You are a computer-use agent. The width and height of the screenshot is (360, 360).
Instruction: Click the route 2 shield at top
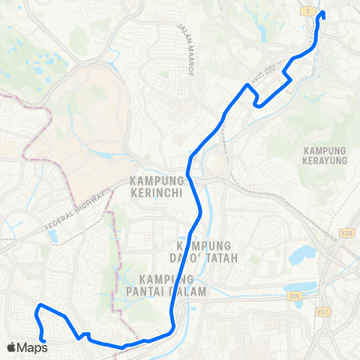coord(307,11)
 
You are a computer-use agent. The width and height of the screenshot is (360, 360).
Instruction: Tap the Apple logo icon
coord(11,347)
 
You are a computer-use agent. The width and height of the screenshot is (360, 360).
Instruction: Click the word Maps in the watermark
coord(32,347)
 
